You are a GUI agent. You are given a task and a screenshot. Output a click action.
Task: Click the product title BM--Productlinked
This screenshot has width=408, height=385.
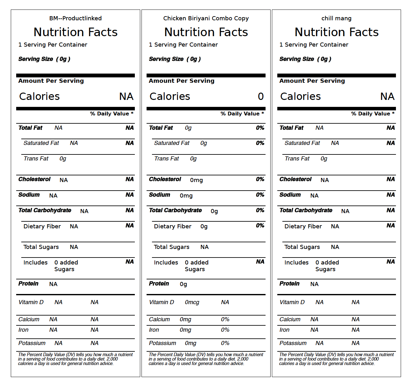[x=76, y=18]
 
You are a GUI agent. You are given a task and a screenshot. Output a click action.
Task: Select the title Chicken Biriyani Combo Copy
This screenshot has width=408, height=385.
[x=206, y=18]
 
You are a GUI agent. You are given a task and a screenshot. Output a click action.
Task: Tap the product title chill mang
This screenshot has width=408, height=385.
[x=336, y=18]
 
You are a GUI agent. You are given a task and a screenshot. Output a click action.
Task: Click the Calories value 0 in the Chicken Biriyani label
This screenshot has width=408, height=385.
[x=261, y=96]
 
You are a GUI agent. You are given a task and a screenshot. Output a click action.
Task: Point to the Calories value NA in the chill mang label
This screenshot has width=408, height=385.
[x=387, y=96]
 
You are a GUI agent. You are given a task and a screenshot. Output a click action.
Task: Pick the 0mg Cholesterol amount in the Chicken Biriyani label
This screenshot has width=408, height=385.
[x=196, y=180]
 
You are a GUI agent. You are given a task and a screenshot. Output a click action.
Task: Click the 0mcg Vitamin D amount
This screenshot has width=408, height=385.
[x=192, y=302]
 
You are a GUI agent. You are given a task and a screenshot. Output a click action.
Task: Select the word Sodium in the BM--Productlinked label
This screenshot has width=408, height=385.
[x=29, y=194]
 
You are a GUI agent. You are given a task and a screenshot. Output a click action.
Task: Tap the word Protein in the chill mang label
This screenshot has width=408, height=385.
[x=289, y=284]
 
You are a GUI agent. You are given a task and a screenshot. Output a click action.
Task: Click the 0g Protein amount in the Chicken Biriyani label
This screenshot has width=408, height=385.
[x=183, y=284]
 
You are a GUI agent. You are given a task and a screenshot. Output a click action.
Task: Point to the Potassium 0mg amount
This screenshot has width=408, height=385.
[x=190, y=343]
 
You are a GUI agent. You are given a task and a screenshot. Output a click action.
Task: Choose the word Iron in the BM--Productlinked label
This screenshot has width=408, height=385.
[x=23, y=330]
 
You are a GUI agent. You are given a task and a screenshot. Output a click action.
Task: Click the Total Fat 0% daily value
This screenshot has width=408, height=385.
[x=260, y=128]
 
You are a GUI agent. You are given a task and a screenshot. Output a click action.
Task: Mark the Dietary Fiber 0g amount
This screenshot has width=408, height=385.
[x=204, y=226]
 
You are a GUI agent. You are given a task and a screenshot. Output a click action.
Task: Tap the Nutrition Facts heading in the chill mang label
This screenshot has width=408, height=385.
[x=337, y=32]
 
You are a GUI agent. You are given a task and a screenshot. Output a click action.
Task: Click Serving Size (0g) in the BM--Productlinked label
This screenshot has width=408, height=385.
[x=44, y=59]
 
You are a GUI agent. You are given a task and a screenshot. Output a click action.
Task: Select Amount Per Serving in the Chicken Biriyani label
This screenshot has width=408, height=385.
[x=181, y=81]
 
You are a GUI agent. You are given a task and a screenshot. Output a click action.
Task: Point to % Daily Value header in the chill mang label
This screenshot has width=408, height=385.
[x=373, y=114]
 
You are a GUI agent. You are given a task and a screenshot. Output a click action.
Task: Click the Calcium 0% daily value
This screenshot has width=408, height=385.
[x=225, y=319]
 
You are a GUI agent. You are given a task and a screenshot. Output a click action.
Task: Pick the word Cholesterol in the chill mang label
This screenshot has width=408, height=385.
[x=295, y=179]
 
